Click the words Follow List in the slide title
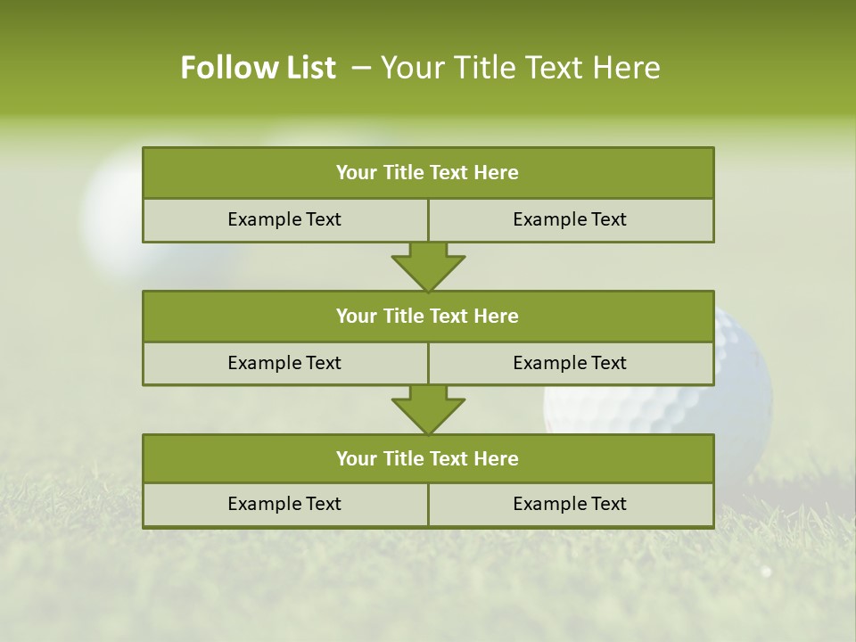[258, 68]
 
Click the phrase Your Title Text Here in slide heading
[520, 68]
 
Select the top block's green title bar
[428, 173]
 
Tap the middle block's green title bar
[428, 317]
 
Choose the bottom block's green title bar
[428, 459]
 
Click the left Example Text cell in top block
[284, 220]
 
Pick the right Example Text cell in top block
[570, 220]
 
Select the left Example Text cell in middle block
[284, 364]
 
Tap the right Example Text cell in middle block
[570, 364]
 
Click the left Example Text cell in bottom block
[284, 505]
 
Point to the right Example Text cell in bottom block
[570, 505]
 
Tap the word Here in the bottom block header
[496, 459]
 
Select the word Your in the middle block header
[356, 317]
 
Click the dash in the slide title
[362, 68]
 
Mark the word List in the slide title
[308, 68]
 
